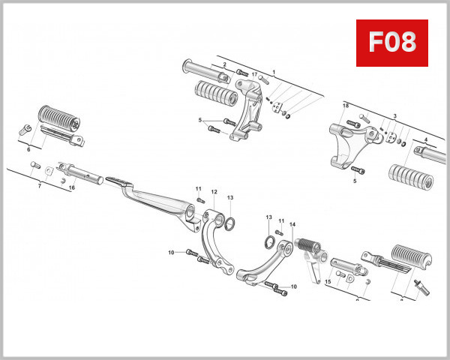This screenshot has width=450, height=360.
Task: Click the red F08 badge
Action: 391,43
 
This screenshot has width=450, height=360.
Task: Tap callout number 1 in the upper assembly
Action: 274,72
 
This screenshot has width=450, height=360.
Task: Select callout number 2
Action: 224,64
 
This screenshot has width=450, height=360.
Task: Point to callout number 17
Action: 254,75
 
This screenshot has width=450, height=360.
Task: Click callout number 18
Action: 346,106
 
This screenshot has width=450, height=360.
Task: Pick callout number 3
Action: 394,117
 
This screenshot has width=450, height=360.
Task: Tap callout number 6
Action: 28,150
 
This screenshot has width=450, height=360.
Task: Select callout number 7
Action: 40,184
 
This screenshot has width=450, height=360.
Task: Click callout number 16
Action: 72,187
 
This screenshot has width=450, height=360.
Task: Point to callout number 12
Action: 214,192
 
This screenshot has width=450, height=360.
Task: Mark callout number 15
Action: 328,282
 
